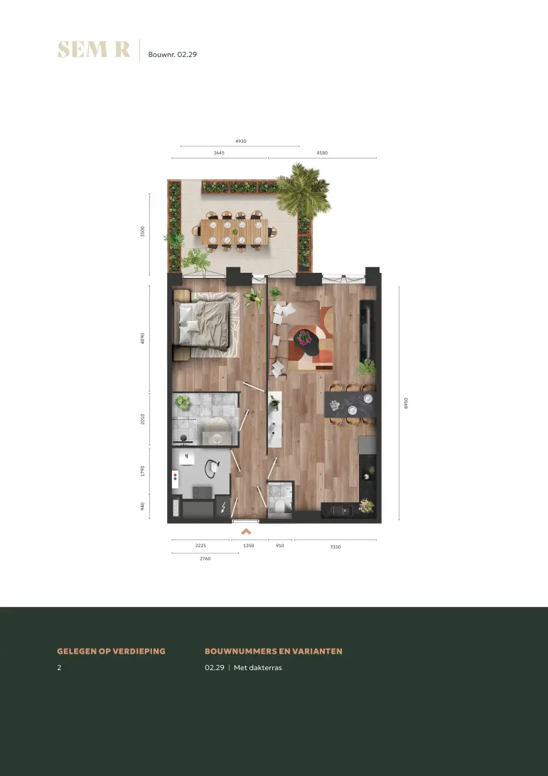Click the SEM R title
click(94, 50)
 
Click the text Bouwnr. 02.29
click(172, 55)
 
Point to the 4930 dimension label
click(240, 141)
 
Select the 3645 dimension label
click(219, 153)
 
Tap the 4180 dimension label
click(322, 153)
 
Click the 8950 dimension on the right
click(406, 404)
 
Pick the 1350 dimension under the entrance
click(249, 545)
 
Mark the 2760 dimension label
click(205, 559)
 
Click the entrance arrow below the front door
click(246, 532)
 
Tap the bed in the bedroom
click(205, 323)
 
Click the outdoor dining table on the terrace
click(234, 232)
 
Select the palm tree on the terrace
click(303, 190)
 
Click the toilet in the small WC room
click(279, 507)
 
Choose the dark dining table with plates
click(350, 404)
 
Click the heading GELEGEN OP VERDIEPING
click(112, 651)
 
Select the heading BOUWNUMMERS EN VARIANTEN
click(274, 651)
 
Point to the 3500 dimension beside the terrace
click(143, 232)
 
